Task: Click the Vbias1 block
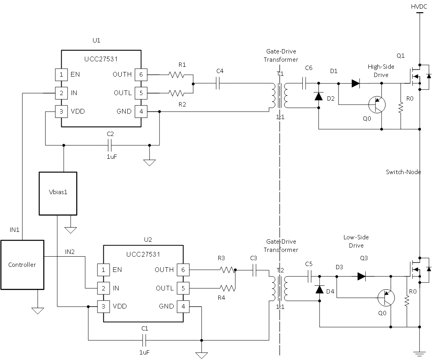point(58,193)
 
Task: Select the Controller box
point(22,264)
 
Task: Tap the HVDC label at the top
point(419,7)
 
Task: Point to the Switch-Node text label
point(403,172)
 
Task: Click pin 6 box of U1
point(140,74)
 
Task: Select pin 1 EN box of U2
point(103,270)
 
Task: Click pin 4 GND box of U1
point(140,111)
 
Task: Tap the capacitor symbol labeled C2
point(110,145)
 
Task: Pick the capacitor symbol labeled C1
point(144,340)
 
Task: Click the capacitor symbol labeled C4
point(219,83)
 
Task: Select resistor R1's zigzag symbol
point(176,74)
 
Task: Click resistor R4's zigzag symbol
point(227,288)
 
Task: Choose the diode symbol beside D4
point(320,289)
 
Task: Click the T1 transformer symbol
point(279,96)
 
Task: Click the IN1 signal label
point(15,229)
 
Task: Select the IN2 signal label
point(70,252)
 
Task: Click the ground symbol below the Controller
point(37,310)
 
